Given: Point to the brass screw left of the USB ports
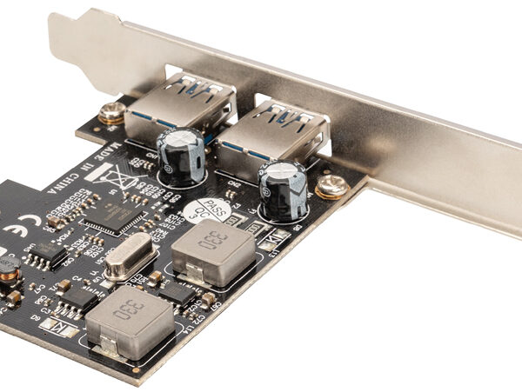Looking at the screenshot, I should (x=110, y=113).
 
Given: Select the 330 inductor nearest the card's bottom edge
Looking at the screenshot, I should (x=125, y=322).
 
